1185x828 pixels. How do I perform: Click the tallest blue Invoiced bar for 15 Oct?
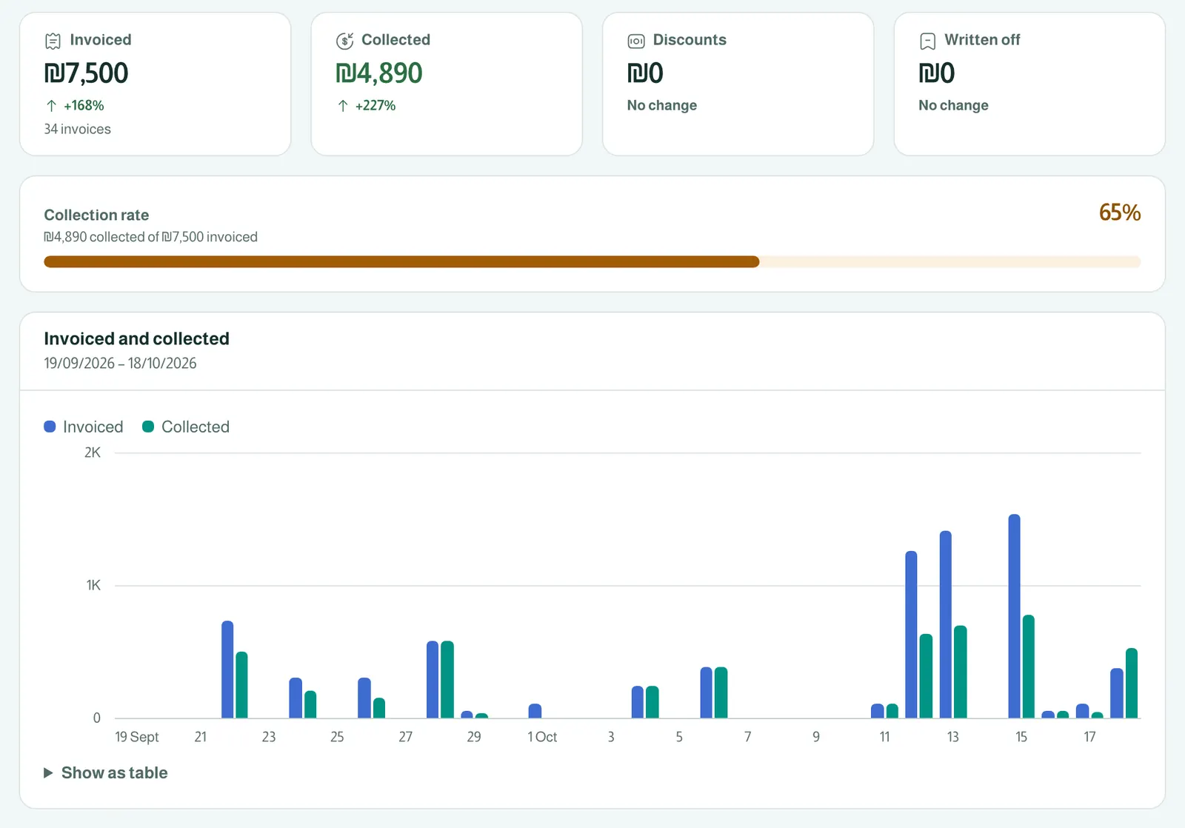(1014, 616)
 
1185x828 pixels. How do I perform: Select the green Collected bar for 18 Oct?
(1132, 683)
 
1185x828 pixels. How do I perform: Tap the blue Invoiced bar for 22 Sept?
(227, 670)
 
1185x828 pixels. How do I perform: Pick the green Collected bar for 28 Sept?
(447, 679)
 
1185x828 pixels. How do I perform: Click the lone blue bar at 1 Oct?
(535, 710)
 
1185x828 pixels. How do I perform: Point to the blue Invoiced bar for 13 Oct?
(945, 624)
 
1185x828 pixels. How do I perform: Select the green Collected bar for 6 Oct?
(721, 692)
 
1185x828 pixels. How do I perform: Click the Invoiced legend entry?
(84, 427)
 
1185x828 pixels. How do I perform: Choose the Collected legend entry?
(186, 427)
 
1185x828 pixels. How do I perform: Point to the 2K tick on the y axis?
(92, 453)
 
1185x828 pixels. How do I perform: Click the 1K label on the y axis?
(93, 585)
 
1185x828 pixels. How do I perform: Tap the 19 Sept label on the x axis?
(137, 736)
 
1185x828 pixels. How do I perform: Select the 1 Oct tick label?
(542, 736)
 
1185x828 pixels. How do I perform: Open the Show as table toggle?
(106, 772)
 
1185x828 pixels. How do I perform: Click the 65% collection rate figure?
(1119, 212)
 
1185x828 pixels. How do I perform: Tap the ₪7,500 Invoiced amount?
(86, 73)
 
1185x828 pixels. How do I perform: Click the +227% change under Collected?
(375, 105)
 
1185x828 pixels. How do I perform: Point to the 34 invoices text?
(77, 129)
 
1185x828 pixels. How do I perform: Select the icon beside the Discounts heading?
(636, 41)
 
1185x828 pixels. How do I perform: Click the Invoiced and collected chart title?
(136, 338)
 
